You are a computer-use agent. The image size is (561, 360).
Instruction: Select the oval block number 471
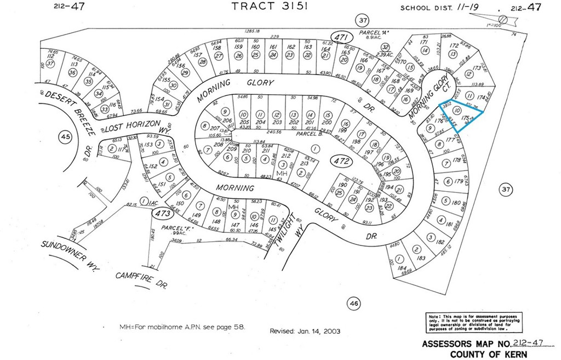343,37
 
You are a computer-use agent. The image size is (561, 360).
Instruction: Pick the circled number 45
65,136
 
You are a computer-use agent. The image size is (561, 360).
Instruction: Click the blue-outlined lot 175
463,117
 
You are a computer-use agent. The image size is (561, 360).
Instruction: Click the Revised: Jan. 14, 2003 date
305,331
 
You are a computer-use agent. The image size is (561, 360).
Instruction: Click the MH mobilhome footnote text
183,327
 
